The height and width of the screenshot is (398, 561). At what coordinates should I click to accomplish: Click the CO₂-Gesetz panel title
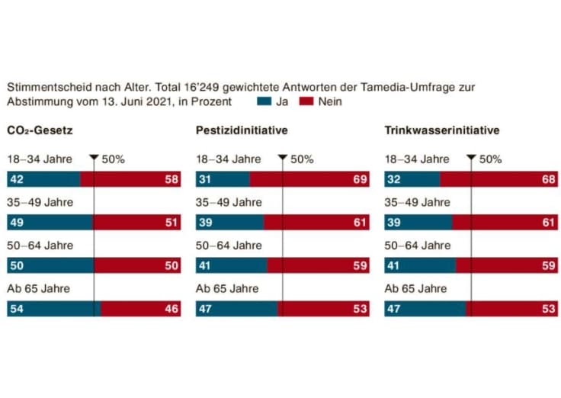[x=40, y=131]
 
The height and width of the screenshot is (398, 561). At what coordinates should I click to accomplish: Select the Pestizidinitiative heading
[x=242, y=131]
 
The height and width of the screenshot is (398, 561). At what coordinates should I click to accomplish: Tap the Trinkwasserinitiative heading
[x=442, y=131]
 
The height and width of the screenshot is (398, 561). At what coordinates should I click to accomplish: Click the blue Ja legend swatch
[x=264, y=101]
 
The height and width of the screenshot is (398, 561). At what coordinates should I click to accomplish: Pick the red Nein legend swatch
[x=306, y=101]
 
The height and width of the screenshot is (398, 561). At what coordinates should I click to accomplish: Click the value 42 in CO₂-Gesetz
[x=16, y=179]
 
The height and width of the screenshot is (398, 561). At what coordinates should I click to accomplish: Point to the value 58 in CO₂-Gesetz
[x=172, y=179]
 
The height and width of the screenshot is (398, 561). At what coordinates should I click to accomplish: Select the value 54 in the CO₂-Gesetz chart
[x=16, y=309]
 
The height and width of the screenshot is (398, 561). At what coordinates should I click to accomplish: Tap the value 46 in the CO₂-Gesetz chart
[x=172, y=309]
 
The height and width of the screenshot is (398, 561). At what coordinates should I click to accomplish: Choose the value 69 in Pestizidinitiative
[x=361, y=179]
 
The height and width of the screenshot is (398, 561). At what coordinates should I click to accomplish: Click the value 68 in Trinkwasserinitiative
[x=549, y=179]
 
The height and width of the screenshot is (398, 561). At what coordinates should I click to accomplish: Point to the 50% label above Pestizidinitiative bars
[x=302, y=159]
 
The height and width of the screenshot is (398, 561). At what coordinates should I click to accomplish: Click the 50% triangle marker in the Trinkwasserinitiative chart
[x=471, y=159]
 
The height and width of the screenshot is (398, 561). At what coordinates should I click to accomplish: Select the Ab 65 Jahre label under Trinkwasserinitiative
[x=415, y=289]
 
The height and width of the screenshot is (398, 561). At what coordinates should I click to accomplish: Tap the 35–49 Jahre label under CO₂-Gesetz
[x=40, y=202]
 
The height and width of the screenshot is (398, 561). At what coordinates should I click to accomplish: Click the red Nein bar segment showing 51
[x=137, y=223]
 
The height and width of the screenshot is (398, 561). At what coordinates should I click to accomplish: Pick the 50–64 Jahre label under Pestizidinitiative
[x=229, y=246]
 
